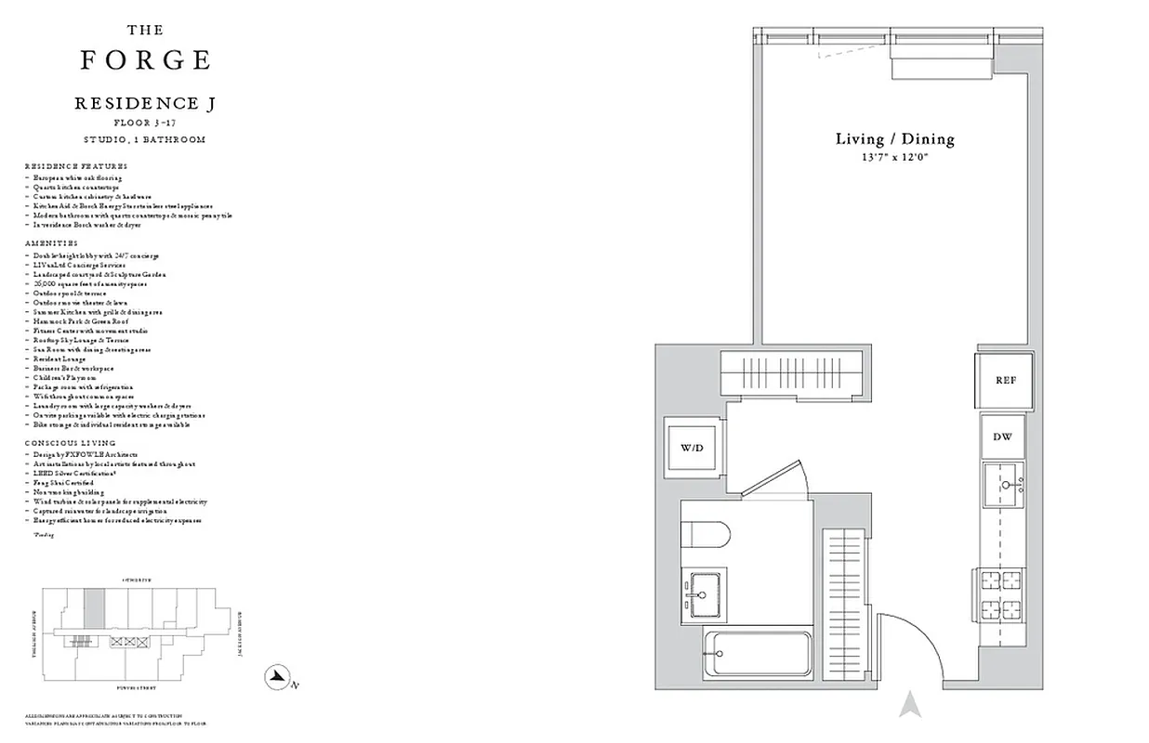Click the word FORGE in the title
pyautogui.click(x=145, y=60)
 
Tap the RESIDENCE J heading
pyautogui.click(x=145, y=104)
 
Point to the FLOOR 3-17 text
pyautogui.click(x=145, y=123)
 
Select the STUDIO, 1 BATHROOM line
pyautogui.click(x=145, y=139)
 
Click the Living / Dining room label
pyautogui.click(x=894, y=139)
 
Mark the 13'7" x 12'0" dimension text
pyautogui.click(x=894, y=158)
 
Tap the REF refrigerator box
pyautogui.click(x=1004, y=381)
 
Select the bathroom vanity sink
pyautogui.click(x=703, y=591)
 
